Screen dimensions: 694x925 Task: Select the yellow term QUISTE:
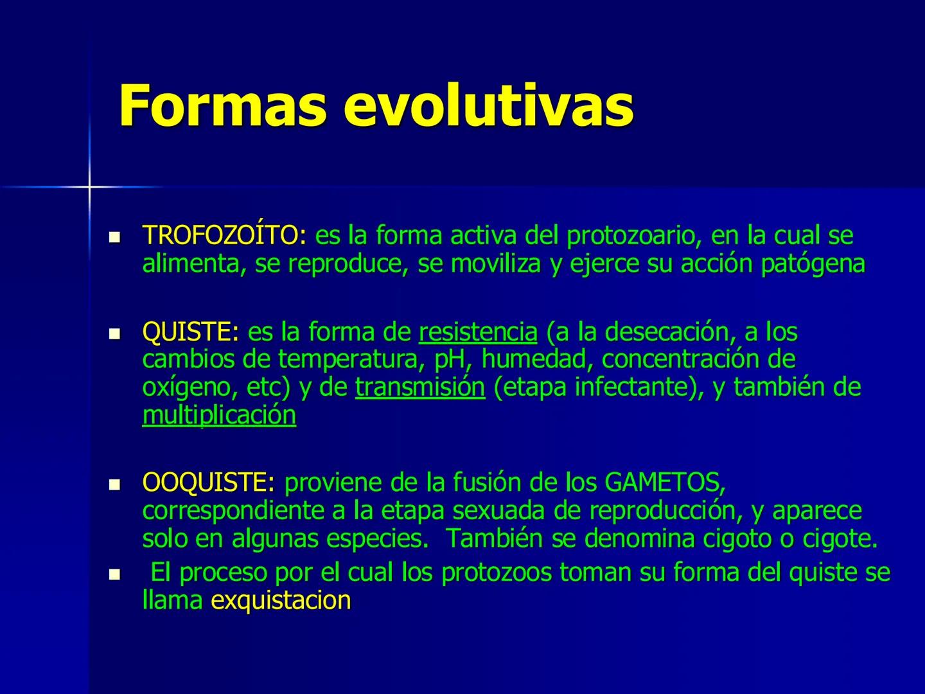tap(190, 332)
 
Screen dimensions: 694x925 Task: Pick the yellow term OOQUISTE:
tap(208, 482)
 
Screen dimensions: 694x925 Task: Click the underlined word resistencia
tap(478, 332)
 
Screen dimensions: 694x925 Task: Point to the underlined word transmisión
tap(420, 387)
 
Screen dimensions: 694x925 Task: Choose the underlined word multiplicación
tap(219, 415)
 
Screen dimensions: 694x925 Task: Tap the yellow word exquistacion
tap(281, 600)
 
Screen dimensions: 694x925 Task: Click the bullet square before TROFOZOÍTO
tap(116, 238)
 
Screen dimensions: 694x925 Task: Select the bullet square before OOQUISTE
tap(116, 484)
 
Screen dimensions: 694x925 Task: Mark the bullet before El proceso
tap(116, 574)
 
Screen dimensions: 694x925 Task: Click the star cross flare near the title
tap(89, 187)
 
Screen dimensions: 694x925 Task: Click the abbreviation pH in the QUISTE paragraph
tap(449, 359)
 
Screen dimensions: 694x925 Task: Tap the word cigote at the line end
tap(840, 538)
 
